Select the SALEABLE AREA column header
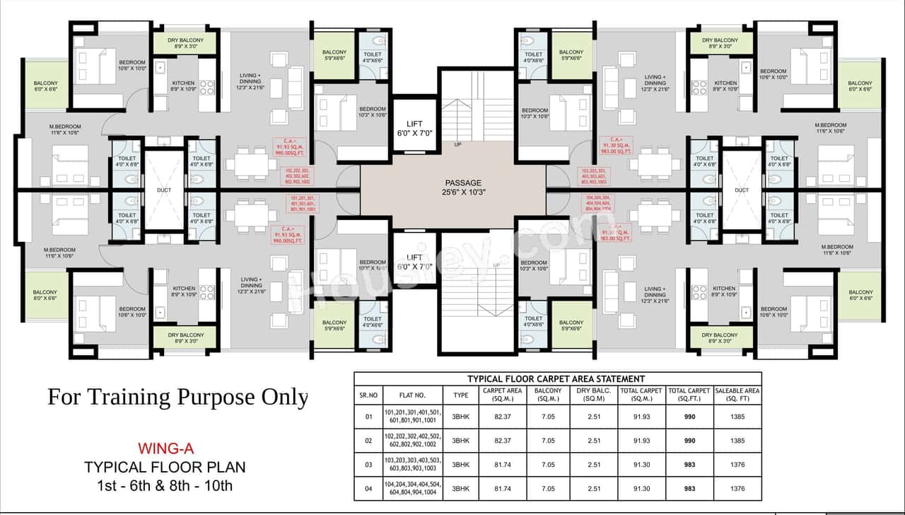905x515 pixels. [737, 394]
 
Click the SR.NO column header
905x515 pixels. [368, 394]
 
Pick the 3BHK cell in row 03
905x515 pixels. [460, 464]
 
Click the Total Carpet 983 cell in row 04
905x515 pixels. [689, 488]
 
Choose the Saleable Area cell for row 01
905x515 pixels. [737, 417]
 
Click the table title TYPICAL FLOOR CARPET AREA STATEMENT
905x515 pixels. [556, 379]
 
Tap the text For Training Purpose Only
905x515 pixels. [177, 397]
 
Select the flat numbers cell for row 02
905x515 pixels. [413, 441]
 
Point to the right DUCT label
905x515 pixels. [741, 190]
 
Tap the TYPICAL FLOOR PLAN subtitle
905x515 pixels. [165, 467]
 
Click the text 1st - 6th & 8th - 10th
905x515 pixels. [165, 486]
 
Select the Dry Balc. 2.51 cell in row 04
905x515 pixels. [594, 488]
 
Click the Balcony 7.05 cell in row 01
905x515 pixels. [548, 417]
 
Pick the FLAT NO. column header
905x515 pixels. [413, 394]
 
